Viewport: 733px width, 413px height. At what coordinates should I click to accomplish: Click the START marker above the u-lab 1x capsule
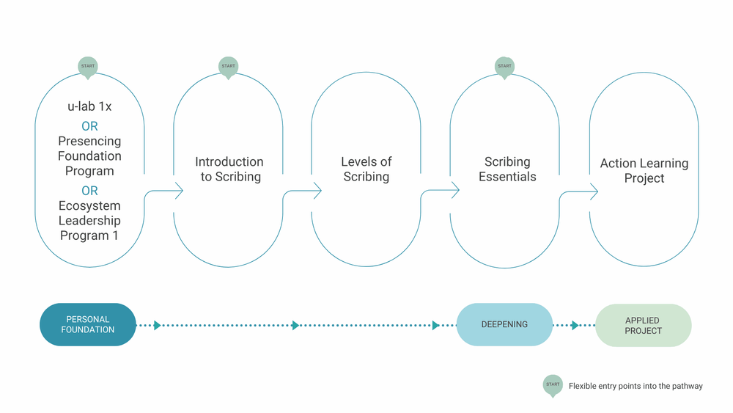point(88,67)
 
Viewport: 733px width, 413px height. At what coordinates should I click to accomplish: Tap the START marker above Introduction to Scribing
point(228,67)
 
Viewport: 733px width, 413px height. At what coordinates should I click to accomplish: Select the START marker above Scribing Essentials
point(504,67)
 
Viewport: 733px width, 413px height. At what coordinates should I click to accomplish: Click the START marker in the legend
point(553,385)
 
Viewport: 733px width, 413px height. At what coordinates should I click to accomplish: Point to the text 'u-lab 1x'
point(89,106)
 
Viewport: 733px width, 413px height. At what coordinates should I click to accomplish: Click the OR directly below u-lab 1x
point(89,126)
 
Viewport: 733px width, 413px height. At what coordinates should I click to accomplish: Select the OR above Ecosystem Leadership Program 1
point(89,191)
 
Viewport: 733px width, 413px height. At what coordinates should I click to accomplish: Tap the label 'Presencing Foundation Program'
point(89,156)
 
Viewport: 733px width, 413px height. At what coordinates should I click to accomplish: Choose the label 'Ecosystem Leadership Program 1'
point(89,220)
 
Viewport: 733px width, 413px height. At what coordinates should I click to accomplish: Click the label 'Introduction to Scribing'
point(229,169)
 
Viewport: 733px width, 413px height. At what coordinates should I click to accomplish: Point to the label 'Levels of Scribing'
point(366,169)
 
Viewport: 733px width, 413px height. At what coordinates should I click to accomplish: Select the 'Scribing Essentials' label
point(508,169)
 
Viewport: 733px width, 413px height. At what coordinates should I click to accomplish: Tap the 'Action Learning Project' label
point(644,170)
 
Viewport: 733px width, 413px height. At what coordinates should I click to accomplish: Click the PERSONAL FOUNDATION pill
point(88,324)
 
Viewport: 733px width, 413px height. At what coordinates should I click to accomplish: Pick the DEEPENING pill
point(504,324)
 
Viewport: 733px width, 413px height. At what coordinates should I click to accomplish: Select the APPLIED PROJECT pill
point(644,326)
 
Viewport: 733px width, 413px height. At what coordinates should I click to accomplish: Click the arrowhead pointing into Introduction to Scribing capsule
point(179,191)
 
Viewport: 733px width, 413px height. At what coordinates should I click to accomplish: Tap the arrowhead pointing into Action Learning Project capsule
point(594,191)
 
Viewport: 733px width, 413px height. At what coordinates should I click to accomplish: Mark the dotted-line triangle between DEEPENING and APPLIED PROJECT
point(575,325)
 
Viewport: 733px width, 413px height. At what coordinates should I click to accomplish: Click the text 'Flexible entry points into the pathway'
point(636,386)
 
